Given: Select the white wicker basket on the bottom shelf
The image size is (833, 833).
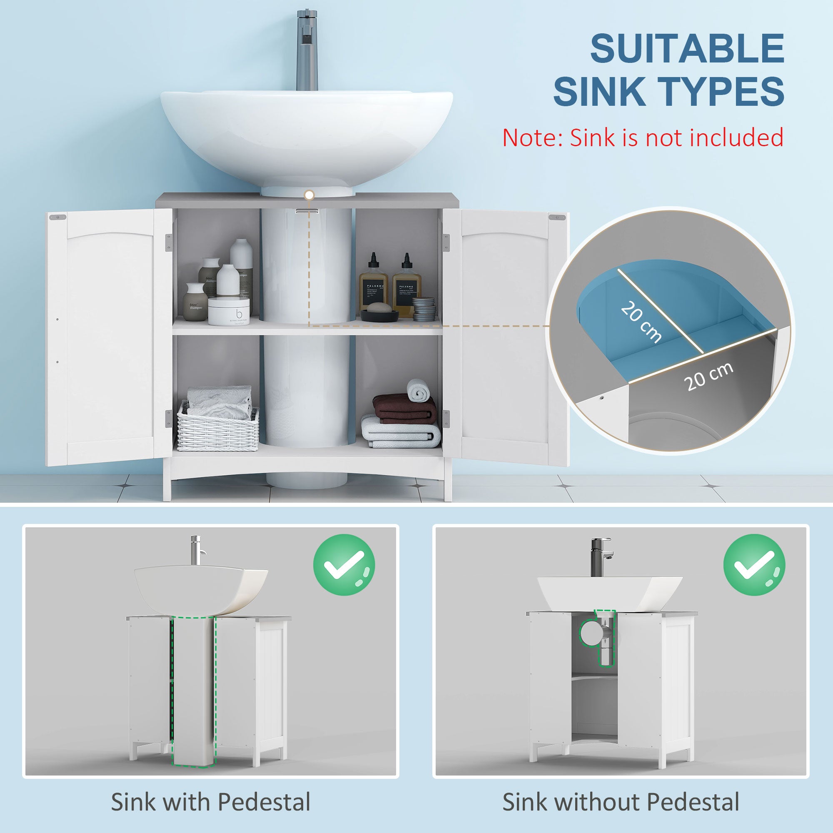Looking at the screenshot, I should pos(218,426).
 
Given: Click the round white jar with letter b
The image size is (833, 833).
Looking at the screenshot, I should pos(229,310).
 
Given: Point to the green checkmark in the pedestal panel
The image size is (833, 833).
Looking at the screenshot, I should pos(344,565).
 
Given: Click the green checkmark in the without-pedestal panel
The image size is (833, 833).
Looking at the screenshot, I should pos(754,565).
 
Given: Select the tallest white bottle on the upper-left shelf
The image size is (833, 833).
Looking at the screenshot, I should pos(241,259).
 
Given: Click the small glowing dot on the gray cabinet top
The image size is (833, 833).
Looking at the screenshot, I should pos(308,195).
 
